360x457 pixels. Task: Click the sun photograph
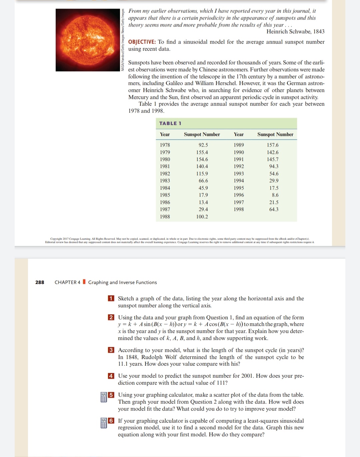pos(88,40)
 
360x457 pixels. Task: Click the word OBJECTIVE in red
pos(142,42)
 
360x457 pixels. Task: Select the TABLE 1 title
pos(170,123)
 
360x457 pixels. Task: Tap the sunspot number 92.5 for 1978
pos(203,145)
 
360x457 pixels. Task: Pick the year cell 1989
pos(239,145)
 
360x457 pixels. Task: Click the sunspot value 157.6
pos(272,145)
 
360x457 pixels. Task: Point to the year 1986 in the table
pos(165,202)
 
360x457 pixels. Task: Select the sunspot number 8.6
pos(275,195)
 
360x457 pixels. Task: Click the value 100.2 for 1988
pos(202,217)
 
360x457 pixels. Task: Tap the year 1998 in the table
pos(239,209)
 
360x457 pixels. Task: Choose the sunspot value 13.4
pos(203,202)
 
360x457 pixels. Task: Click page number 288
pos(40,282)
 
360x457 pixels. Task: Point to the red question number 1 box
pos(111,298)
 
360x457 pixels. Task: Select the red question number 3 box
pos(111,350)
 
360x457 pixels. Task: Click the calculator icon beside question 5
pos(104,397)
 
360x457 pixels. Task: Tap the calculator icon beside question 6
pos(104,423)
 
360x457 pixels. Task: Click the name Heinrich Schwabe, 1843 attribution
pos(295,32)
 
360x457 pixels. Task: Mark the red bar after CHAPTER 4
pos(84,282)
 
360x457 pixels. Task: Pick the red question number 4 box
pos(111,376)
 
